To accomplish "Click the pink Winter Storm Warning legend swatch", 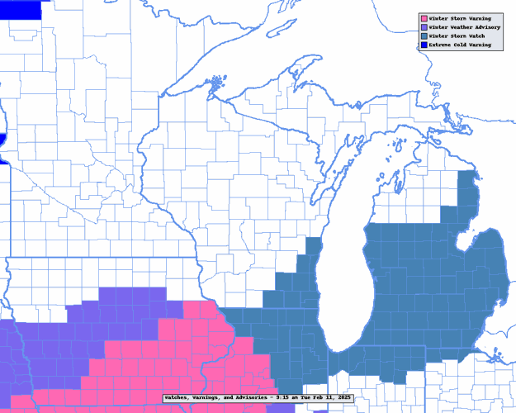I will point(424,18).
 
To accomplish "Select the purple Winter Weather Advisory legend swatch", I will point(424,27).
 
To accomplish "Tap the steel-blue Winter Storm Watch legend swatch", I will point(424,36).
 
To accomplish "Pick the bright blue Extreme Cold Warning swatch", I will point(424,45).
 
